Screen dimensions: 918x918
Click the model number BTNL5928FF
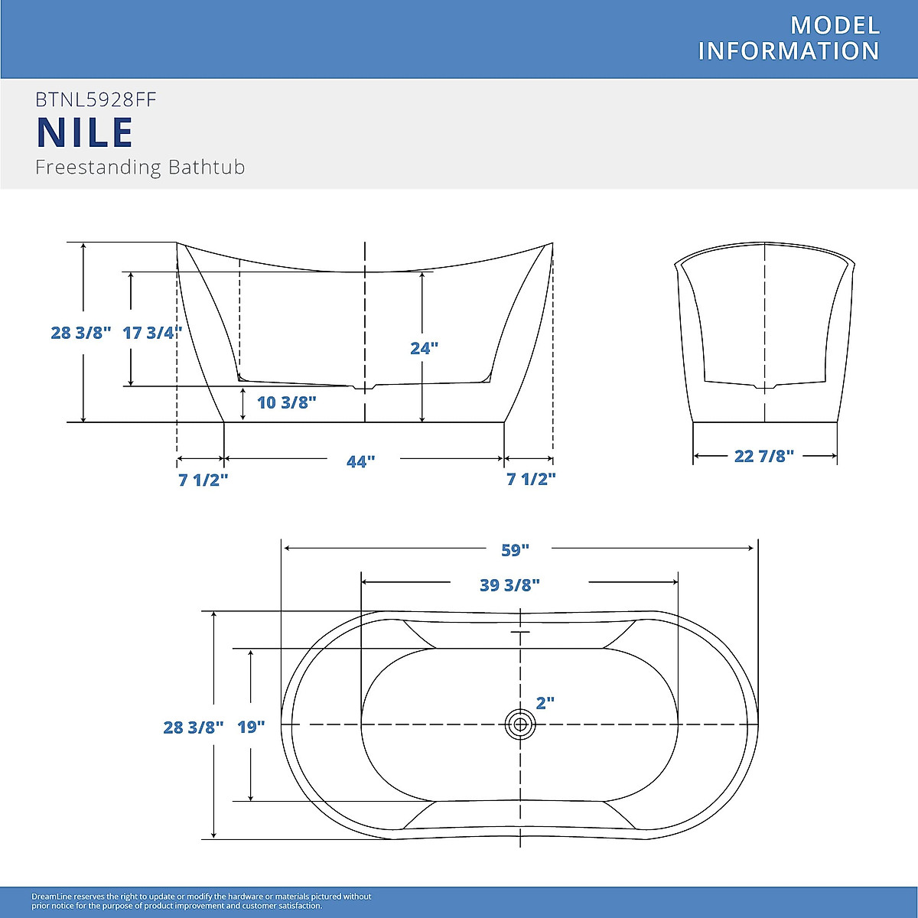pos(96,99)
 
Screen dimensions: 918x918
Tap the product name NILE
pos(85,132)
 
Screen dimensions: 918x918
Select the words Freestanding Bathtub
pos(140,167)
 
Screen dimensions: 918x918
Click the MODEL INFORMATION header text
pos(789,38)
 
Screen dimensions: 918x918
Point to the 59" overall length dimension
pos(515,549)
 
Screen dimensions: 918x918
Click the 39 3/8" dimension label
pos(509,585)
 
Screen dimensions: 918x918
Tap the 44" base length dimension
pos(360,462)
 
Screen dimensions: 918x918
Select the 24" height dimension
pos(424,348)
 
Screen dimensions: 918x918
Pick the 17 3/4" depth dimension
pos(151,333)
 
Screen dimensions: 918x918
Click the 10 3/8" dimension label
pos(286,402)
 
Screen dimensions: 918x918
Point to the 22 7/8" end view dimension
pos(763,456)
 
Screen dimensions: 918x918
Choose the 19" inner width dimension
pos(250,727)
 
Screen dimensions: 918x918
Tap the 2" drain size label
pos(545,703)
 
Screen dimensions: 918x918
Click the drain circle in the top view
pos(520,724)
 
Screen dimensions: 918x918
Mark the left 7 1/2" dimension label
pos(203,480)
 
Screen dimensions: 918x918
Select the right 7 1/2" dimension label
pos(531,480)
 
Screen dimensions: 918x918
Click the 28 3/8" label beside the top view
pos(193,727)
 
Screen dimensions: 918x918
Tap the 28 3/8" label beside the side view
pos(80,333)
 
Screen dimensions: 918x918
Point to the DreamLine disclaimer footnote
pos(201,901)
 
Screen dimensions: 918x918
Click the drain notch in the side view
pos(365,388)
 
